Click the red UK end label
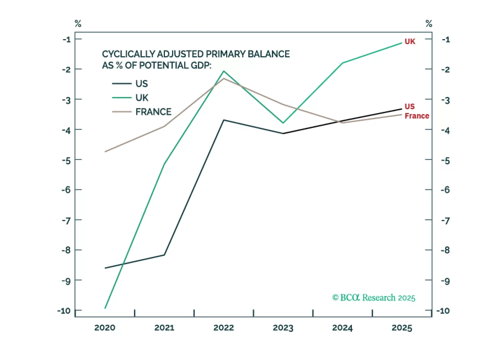pyautogui.click(x=410, y=42)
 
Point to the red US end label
pyautogui.click(x=410, y=106)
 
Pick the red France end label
pyautogui.click(x=417, y=116)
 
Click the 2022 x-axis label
pyautogui.click(x=223, y=328)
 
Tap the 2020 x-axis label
pyautogui.click(x=105, y=328)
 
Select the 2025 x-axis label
pyautogui.click(x=402, y=328)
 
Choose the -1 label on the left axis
pyautogui.click(x=66, y=39)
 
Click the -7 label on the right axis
pyautogui.click(x=445, y=220)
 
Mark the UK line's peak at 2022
pyautogui.click(x=224, y=71)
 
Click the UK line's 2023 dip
pyautogui.click(x=283, y=123)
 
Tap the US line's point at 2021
pyautogui.click(x=164, y=255)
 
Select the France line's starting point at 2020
pyautogui.click(x=105, y=152)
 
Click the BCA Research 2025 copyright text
pyautogui.click(x=374, y=298)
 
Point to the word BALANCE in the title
pyautogui.click(x=268, y=54)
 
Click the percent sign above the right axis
pyautogui.click(x=429, y=24)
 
